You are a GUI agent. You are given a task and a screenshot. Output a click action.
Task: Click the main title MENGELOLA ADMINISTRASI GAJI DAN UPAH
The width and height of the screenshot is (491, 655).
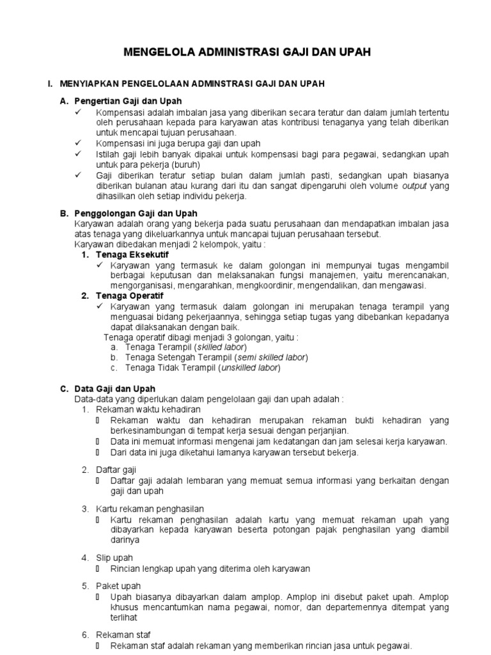(246, 52)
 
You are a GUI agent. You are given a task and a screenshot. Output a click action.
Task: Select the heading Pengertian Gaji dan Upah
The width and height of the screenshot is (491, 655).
(129, 101)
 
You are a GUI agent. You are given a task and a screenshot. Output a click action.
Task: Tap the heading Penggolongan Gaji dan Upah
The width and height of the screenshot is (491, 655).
(136, 213)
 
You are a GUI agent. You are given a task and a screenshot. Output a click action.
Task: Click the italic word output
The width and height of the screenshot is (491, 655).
(415, 185)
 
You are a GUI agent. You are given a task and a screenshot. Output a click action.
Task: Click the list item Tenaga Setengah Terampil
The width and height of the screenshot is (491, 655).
(179, 357)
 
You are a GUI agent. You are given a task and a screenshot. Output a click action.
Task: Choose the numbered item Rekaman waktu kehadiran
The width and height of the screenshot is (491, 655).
(148, 409)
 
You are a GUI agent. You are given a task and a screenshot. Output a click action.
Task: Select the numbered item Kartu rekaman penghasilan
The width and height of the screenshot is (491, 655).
(146, 509)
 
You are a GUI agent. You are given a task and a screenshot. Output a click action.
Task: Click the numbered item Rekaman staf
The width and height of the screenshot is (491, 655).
(123, 635)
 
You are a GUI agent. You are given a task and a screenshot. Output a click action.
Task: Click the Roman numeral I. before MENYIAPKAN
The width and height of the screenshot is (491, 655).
(49, 84)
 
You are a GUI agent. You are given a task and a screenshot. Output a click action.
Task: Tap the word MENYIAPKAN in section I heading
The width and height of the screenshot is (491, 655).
(90, 84)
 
